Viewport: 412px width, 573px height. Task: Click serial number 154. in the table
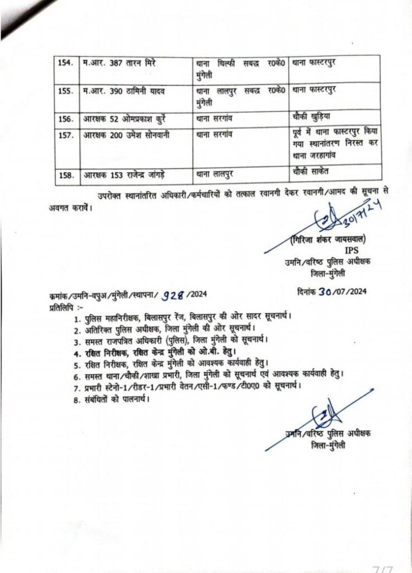coord(67,63)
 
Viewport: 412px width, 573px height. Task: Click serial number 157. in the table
coord(67,134)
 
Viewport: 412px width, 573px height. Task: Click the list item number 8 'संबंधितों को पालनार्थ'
coord(115,399)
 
